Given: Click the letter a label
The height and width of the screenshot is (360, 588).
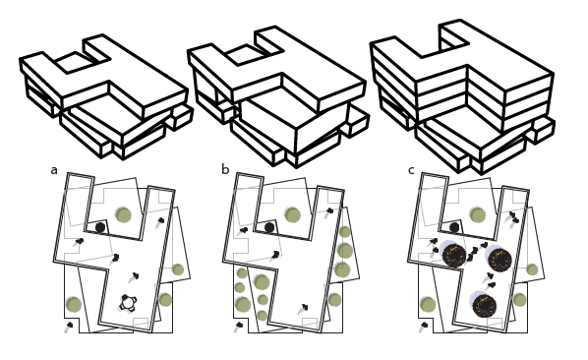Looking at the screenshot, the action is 54,170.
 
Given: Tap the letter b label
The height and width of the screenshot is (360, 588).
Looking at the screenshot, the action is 225,170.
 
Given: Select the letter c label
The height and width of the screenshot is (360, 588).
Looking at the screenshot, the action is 411,170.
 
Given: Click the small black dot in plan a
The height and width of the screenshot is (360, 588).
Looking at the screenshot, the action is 100,227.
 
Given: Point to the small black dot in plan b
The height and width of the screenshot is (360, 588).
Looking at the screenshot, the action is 269,227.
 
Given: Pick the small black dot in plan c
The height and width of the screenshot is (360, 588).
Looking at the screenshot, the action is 454,227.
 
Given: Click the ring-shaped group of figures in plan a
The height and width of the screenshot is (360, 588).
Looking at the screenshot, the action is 128,302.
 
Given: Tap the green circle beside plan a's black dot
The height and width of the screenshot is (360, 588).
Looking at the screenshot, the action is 123,215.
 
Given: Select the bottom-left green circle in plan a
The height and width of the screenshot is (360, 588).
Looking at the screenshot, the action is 74,304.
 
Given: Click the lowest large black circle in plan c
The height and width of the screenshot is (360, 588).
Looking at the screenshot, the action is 484,306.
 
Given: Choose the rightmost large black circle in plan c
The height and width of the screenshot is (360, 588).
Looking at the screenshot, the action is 500,260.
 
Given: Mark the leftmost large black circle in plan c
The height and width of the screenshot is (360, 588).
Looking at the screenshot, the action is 453,256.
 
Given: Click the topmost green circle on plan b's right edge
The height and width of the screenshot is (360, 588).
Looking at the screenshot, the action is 344,232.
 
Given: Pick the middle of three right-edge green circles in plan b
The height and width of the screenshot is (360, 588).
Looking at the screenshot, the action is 345,251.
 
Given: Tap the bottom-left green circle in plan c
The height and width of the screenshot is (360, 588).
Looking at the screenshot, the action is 428,305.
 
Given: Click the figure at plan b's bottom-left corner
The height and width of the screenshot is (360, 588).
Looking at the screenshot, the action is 238,327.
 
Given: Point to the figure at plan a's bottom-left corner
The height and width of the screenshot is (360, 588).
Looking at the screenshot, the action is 68,327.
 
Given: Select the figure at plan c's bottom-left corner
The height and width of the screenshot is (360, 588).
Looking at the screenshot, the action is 424,327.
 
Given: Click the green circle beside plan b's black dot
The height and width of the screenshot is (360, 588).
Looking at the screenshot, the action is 293,215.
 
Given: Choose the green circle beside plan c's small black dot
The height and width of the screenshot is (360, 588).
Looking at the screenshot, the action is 478,215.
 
